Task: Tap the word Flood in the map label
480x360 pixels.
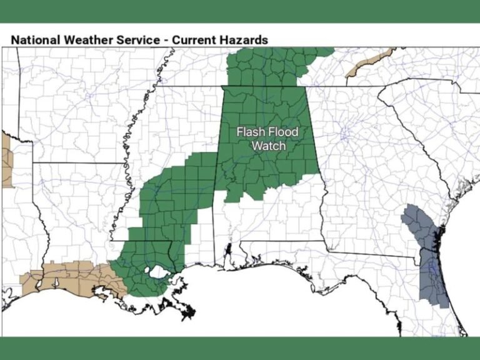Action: (x=284, y=132)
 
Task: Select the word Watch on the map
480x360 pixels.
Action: (x=267, y=146)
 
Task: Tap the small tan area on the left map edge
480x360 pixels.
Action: (x=6, y=159)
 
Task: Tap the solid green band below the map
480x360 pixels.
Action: (x=240, y=347)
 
